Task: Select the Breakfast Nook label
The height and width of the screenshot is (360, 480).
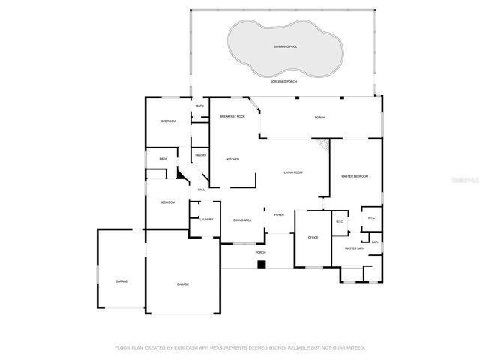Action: pyautogui.click(x=232, y=117)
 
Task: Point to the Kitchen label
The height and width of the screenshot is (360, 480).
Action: pyautogui.click(x=232, y=159)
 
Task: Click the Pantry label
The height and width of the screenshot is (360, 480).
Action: pyautogui.click(x=201, y=155)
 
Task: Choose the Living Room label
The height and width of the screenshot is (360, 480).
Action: pyautogui.click(x=292, y=172)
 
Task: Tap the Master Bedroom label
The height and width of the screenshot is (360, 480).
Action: pyautogui.click(x=355, y=176)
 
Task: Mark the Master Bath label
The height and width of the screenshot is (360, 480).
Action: pyautogui.click(x=354, y=247)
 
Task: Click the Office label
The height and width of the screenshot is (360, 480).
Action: pyautogui.click(x=313, y=237)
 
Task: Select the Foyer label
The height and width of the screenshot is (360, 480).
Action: pyautogui.click(x=278, y=214)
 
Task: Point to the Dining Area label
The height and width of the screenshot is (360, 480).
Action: pyautogui.click(x=241, y=220)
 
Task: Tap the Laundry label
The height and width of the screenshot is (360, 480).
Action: pyautogui.click(x=206, y=220)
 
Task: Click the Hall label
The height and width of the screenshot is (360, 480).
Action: pyautogui.click(x=201, y=190)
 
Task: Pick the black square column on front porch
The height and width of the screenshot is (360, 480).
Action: pyautogui.click(x=261, y=263)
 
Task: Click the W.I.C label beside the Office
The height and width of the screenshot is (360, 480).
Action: pyautogui.click(x=339, y=222)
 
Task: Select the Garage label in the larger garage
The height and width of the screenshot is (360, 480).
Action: pyautogui.click(x=182, y=284)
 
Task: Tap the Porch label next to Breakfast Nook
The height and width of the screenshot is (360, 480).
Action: pyautogui.click(x=319, y=118)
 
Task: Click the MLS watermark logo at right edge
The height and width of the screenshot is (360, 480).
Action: pyautogui.click(x=467, y=180)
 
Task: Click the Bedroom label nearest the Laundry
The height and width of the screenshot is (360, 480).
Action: pyautogui.click(x=166, y=202)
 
